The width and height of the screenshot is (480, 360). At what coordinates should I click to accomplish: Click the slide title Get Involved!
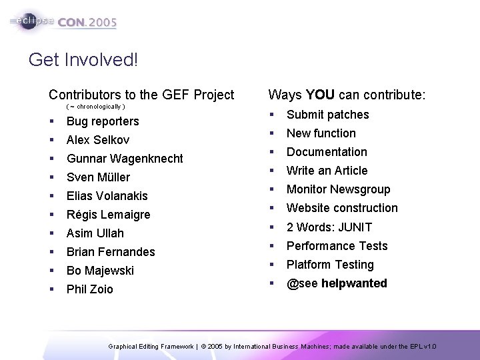point(83,61)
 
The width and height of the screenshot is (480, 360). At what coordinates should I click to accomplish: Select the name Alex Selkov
point(98,140)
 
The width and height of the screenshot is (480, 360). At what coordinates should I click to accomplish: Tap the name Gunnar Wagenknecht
point(125,159)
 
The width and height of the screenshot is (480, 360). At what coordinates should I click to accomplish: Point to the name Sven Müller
point(98,177)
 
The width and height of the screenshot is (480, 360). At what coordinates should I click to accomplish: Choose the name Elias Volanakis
point(107,196)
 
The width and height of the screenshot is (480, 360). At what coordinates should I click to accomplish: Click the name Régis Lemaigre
point(108,215)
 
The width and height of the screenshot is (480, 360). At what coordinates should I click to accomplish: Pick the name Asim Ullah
point(95,233)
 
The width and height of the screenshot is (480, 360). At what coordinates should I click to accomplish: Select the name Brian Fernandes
point(111,252)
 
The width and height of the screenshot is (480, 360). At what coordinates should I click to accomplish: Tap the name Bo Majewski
point(100,271)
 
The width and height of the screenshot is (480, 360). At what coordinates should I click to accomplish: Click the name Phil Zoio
point(90,289)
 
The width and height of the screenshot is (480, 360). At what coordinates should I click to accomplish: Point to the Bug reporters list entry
point(103,121)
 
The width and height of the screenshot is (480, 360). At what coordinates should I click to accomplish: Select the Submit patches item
point(327,115)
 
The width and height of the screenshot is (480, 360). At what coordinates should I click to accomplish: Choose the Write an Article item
point(327,171)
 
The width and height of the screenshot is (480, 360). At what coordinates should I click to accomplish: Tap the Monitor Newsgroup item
point(338,189)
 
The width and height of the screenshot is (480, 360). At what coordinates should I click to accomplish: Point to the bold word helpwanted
point(354,283)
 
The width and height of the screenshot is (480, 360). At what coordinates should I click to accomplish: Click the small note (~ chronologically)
point(96,107)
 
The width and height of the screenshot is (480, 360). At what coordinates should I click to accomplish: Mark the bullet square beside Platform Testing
point(271,265)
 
